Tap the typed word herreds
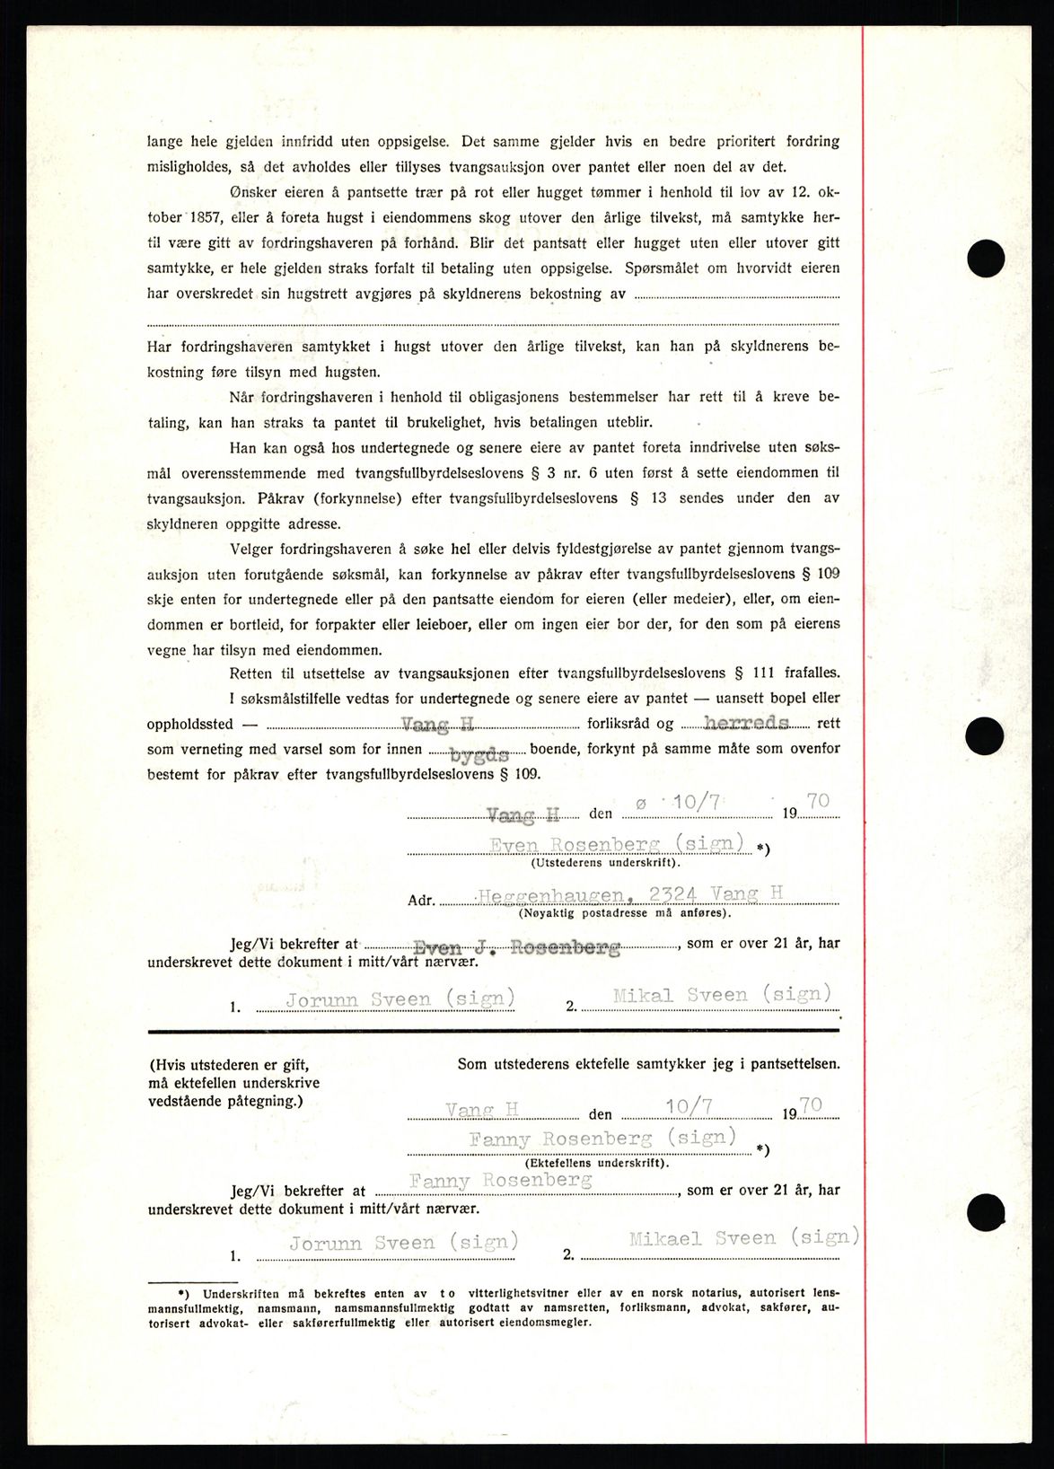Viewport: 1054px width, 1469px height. click(x=746, y=723)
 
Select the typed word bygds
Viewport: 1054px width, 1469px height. click(x=479, y=755)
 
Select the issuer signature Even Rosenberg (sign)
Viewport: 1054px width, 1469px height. click(x=617, y=844)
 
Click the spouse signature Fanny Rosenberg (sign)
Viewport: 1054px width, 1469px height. click(x=602, y=1139)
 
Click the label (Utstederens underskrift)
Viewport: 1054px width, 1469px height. click(x=605, y=863)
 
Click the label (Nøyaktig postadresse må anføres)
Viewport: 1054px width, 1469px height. click(x=625, y=913)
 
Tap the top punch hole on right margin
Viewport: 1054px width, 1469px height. click(x=985, y=259)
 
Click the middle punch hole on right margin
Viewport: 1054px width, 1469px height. click(x=984, y=736)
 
